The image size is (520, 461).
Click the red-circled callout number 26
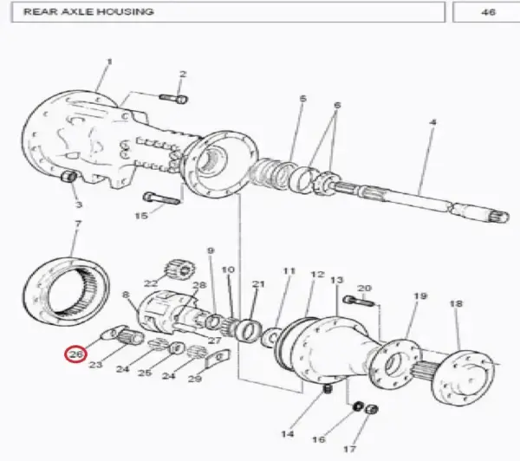tap(76, 354)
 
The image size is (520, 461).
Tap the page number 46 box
tap(487, 12)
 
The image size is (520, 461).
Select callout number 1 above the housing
tap(109, 62)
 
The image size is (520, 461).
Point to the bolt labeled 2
tap(174, 99)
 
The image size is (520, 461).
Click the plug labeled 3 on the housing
tap(69, 176)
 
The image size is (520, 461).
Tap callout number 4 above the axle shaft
tap(432, 122)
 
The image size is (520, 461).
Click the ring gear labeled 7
tap(67, 289)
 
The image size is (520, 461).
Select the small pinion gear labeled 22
tap(180, 269)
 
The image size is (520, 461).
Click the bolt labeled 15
tap(161, 198)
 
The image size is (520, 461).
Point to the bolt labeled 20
tap(360, 302)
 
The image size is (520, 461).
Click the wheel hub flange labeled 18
tap(464, 378)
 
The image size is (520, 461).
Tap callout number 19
tap(420, 295)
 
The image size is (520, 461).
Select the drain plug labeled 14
tap(328, 389)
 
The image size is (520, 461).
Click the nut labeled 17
tap(371, 409)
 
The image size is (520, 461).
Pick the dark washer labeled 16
tap(357, 406)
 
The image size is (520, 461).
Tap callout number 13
tap(336, 281)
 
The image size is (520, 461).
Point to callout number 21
tap(258, 284)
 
